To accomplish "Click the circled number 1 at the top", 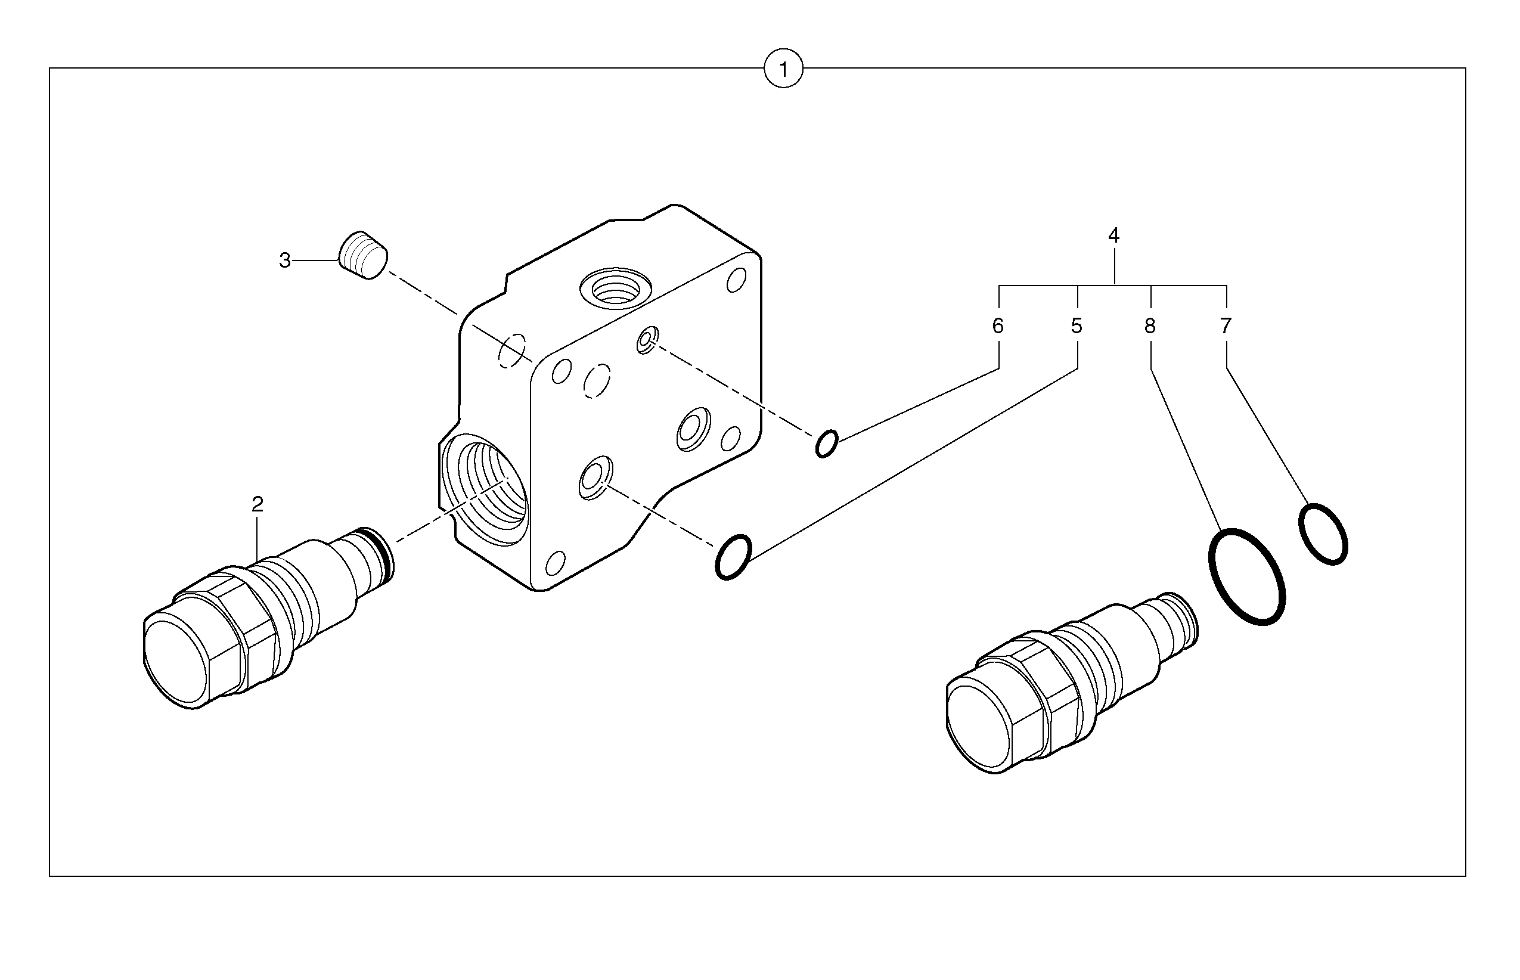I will click(783, 69).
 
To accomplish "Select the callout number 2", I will click(257, 505).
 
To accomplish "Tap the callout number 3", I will click(284, 260).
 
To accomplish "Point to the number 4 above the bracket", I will click(1113, 235).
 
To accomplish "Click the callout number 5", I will click(1077, 327).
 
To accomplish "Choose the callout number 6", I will click(998, 327).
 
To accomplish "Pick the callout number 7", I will click(1226, 327).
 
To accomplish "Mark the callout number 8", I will click(1150, 327).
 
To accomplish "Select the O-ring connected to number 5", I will click(734, 557).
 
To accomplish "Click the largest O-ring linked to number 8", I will click(1246, 576).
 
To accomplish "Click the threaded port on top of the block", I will click(615, 289).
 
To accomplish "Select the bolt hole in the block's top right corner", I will click(736, 280).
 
